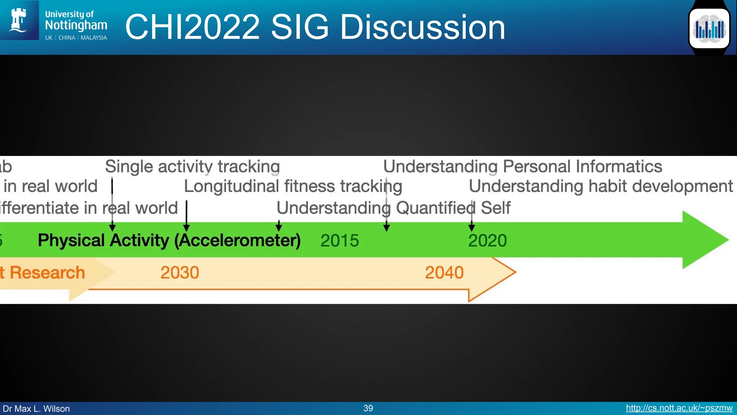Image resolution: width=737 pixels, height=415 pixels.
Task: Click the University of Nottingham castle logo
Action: [x=19, y=20]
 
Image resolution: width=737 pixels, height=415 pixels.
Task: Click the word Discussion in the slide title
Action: [x=422, y=27]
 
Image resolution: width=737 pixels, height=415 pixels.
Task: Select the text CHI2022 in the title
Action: [x=192, y=27]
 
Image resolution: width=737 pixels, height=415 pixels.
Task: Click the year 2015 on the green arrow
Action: [x=339, y=240]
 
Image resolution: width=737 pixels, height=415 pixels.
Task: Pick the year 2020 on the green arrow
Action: [x=487, y=240]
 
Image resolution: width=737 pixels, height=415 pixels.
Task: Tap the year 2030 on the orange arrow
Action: [x=180, y=273]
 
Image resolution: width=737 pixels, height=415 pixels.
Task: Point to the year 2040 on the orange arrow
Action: [x=444, y=273]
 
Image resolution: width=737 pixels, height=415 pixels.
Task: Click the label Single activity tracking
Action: [x=192, y=167]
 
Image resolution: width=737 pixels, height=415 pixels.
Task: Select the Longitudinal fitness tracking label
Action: [x=293, y=187]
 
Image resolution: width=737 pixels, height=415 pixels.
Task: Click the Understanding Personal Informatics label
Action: [x=523, y=167]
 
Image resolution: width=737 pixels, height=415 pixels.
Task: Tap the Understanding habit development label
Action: [x=601, y=187]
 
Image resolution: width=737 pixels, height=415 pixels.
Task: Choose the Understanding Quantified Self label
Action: [x=393, y=208]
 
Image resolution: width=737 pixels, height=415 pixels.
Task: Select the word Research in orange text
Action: [x=47, y=273]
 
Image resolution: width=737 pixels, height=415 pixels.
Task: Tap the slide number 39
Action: [x=368, y=408]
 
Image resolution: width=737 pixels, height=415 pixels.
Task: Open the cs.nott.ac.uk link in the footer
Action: [x=679, y=408]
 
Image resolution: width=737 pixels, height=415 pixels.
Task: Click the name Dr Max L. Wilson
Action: [x=36, y=409]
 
